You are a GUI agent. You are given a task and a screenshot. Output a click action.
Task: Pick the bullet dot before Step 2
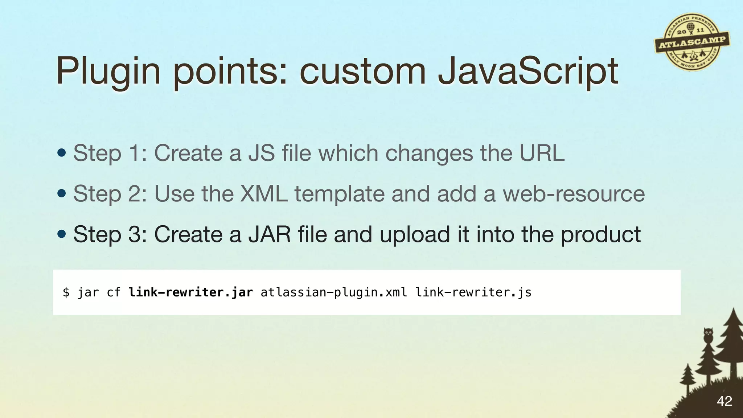pos(62,193)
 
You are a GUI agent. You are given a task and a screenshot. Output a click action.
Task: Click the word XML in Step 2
pos(264,193)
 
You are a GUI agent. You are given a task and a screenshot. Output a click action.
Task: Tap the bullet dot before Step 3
pos(62,234)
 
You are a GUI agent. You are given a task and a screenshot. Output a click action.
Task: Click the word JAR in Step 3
pos(269,234)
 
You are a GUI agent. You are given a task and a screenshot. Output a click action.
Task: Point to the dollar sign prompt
pos(66,292)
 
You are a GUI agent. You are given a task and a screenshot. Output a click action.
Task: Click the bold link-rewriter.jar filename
pos(190,292)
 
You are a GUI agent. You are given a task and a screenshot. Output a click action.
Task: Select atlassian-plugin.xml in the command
pos(334,292)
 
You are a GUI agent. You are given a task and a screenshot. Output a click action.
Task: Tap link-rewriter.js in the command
pos(473,292)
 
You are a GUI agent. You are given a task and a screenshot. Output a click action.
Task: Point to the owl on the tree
pos(708,335)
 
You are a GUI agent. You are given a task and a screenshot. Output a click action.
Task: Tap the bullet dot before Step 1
pos(62,153)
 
